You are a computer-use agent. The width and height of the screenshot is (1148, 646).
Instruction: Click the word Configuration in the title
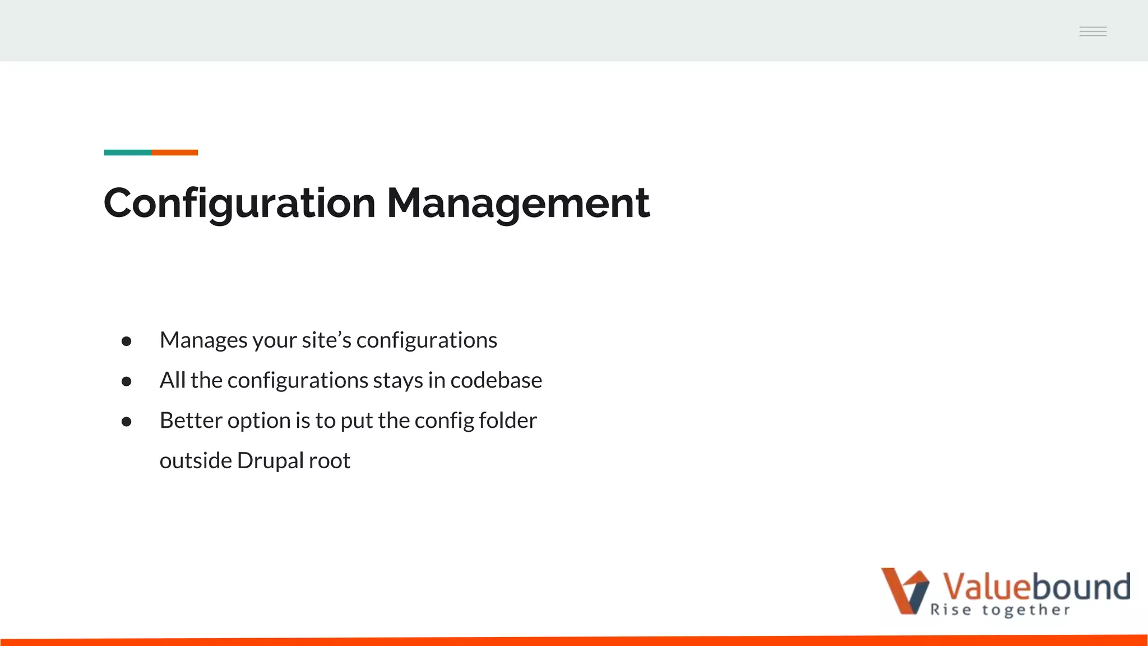(239, 203)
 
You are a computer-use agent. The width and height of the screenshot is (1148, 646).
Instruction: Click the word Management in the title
(518, 203)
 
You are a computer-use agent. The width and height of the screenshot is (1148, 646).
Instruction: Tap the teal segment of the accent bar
(127, 153)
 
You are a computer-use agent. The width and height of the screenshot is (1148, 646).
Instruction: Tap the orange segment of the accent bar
(174, 153)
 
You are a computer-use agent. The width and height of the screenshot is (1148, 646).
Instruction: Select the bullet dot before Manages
(126, 341)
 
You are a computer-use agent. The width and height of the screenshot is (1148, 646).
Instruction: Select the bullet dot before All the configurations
(126, 381)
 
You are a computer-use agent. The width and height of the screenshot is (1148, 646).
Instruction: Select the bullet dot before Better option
(126, 422)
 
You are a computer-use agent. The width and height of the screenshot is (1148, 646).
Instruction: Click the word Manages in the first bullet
(203, 340)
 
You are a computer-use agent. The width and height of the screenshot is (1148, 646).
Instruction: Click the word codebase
(496, 381)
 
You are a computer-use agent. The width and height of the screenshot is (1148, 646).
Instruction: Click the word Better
(191, 421)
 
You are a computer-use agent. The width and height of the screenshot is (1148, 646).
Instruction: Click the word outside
(196, 461)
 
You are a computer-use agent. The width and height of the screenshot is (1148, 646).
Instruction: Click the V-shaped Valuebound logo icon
(904, 590)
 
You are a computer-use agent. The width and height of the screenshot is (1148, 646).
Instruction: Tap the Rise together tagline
(1000, 610)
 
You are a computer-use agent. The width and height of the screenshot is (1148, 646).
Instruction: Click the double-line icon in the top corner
(1093, 31)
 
